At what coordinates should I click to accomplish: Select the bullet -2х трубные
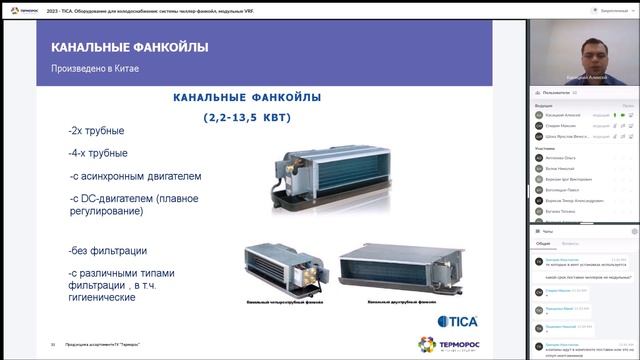click(98, 132)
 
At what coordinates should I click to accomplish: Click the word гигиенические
click(103, 297)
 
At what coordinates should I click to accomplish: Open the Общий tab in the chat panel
click(543, 243)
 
